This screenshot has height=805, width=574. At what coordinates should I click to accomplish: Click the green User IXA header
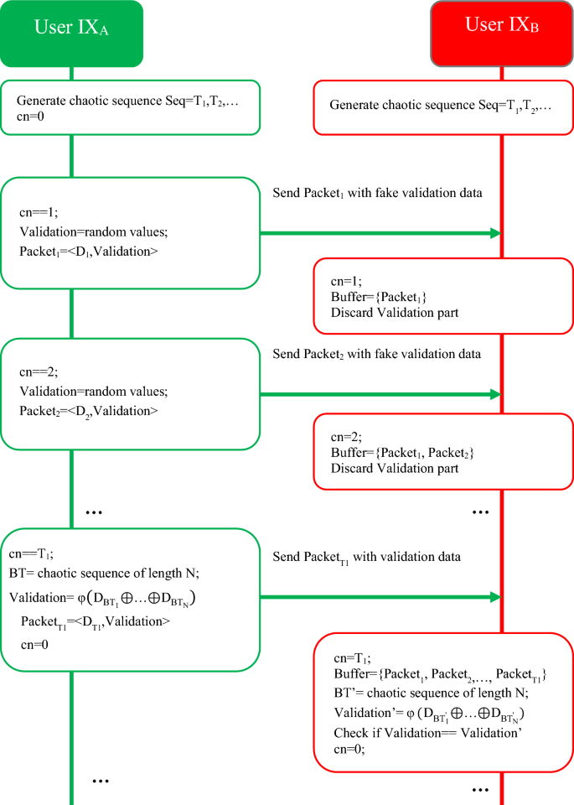(71, 33)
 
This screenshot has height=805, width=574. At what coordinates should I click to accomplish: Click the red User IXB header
(501, 33)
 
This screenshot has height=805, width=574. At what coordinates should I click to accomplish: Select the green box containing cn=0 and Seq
(130, 108)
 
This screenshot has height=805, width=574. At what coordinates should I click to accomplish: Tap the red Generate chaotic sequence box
(444, 106)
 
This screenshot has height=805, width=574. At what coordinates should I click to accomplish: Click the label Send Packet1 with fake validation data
(378, 194)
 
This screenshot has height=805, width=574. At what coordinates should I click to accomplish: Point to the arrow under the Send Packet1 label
(381, 234)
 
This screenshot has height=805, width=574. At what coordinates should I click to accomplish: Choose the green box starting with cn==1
(130, 232)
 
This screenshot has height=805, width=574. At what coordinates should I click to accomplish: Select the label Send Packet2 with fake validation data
(378, 354)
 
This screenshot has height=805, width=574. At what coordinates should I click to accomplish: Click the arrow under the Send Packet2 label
(381, 394)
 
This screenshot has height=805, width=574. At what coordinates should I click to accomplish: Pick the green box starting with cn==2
(130, 392)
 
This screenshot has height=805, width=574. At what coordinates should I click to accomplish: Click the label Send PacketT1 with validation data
(367, 558)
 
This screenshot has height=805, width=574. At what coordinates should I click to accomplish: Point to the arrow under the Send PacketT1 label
(381, 598)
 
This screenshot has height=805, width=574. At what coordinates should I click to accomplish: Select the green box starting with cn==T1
(130, 599)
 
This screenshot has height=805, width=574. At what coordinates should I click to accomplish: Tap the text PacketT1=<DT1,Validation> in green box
(96, 621)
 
